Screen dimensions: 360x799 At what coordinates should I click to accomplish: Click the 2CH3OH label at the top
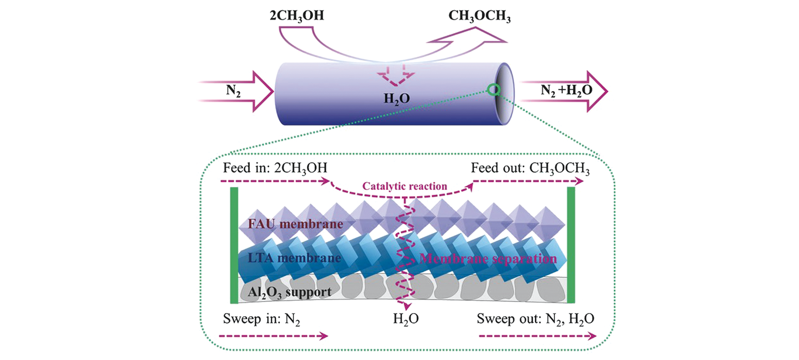[297, 16]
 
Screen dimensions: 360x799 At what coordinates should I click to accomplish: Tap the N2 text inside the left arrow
[233, 91]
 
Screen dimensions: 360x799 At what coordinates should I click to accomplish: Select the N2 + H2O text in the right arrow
[566, 91]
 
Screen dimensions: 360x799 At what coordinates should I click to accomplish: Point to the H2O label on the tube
[397, 99]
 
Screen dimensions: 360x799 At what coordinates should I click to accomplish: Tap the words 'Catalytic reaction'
[405, 186]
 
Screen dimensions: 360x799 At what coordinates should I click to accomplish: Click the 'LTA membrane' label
[294, 258]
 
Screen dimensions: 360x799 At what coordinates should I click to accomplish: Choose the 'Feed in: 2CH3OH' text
[275, 168]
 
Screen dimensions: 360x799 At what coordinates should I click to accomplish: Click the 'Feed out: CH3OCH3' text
[530, 168]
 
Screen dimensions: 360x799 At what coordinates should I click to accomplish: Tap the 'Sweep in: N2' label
[261, 319]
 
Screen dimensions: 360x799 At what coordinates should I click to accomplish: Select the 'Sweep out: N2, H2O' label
[535, 319]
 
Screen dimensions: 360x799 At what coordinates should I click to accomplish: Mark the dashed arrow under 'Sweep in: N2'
[273, 336]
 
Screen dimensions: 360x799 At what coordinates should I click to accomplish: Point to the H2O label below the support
[406, 319]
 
